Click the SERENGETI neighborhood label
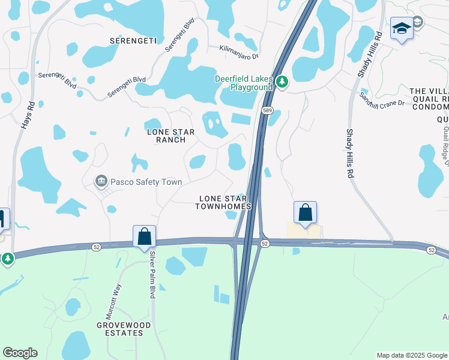coord(133,41)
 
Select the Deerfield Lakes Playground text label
coord(244,83)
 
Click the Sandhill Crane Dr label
coord(382,99)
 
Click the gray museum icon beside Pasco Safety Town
coord(101,181)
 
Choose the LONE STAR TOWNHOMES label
coord(223,202)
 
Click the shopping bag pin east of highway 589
coord(305,212)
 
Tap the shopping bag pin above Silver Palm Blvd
coord(144,236)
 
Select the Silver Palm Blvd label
coord(152,275)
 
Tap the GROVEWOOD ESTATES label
coord(125,329)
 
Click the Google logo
coord(20,353)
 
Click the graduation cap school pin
coord(401,28)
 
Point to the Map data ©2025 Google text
coord(412,355)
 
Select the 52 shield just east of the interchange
coord(265,243)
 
